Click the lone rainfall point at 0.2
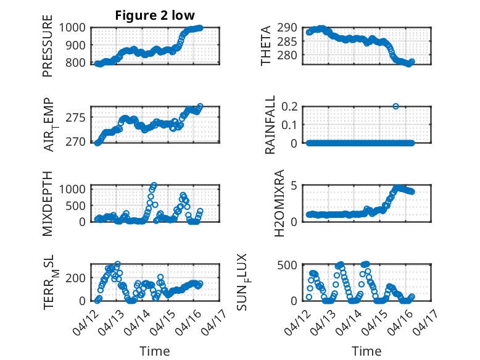(395, 106)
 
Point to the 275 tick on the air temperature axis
(79, 117)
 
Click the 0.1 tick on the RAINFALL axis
(293, 125)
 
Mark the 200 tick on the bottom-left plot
(79, 278)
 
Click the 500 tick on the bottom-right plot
(291, 266)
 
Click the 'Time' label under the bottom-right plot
(366, 351)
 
